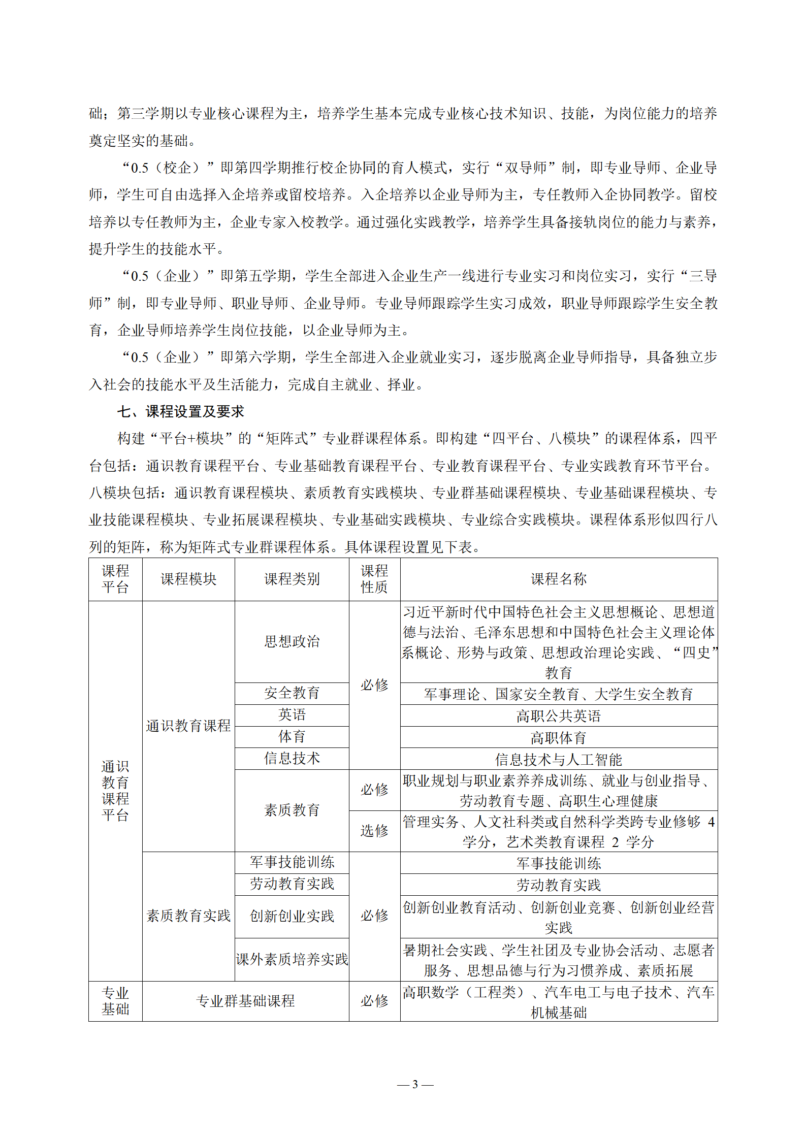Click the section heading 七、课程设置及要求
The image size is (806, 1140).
181,411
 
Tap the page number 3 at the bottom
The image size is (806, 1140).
415,1085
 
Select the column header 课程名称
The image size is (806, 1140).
559,579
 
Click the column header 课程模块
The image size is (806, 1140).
188,579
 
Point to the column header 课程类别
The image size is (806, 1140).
292,579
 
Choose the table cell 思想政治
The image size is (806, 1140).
292,641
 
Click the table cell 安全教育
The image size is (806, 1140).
292,693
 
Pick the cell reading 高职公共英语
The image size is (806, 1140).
559,716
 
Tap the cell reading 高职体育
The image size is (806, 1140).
559,738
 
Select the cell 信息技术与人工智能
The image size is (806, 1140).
559,760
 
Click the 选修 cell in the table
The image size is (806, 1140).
374,831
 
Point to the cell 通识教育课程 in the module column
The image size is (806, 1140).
188,726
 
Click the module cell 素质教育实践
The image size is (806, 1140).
188,916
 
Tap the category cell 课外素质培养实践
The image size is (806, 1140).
292,959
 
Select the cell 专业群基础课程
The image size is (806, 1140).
246,1001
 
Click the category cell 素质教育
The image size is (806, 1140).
292,810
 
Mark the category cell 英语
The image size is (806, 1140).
292,715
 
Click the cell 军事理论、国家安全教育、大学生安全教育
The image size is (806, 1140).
559,694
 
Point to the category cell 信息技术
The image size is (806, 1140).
292,759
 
